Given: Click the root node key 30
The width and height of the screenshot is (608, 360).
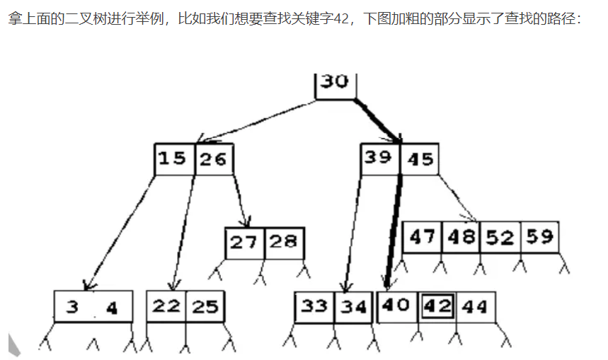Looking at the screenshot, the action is (x=335, y=86).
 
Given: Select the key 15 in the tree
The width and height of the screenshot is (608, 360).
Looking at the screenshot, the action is (x=174, y=159).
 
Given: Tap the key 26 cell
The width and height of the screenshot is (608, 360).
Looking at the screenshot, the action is (x=214, y=159).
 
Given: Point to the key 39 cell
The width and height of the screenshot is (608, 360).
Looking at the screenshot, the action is (x=380, y=158).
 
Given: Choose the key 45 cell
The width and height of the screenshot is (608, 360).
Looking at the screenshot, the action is (x=420, y=158).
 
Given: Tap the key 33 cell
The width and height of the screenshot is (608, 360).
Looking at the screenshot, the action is (x=314, y=307).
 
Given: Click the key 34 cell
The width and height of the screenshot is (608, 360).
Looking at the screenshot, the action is (x=353, y=307).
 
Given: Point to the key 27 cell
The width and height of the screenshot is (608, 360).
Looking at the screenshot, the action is (x=245, y=243).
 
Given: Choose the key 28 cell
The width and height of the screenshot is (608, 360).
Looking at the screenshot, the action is (x=285, y=243).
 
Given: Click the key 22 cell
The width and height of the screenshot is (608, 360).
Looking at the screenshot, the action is (x=166, y=306).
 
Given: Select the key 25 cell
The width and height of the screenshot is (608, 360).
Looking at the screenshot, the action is (x=205, y=306).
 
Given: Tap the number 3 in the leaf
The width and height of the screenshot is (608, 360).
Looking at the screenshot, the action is (x=72, y=307).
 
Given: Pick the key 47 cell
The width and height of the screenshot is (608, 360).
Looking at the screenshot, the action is (x=423, y=237).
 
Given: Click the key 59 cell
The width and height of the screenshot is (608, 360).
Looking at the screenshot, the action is (x=540, y=237).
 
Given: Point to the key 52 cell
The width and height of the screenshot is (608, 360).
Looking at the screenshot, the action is (x=500, y=237).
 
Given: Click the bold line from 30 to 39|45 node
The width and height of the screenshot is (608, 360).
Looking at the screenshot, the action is (x=377, y=121).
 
